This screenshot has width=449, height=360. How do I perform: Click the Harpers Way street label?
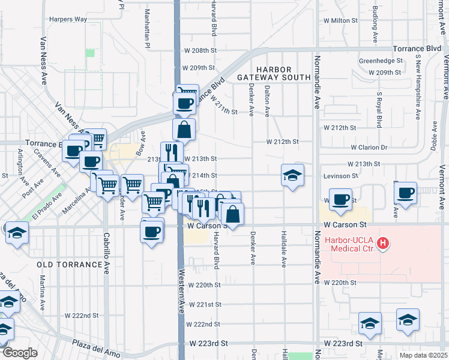(68, 19)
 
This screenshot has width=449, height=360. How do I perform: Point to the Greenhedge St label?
(380, 61)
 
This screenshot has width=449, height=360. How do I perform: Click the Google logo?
(19, 353)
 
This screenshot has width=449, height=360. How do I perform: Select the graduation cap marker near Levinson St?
(292, 175)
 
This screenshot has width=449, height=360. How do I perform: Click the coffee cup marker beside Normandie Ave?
(340, 200)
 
